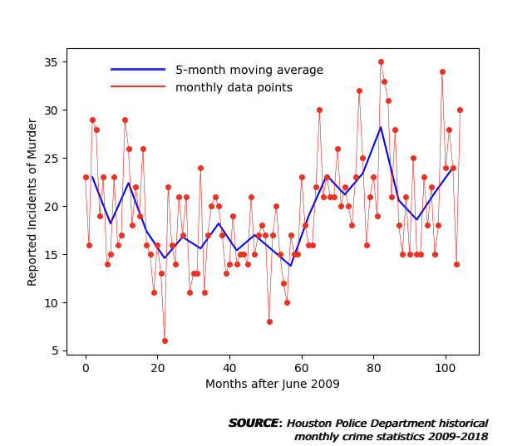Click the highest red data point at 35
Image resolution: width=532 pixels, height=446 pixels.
coord(381,62)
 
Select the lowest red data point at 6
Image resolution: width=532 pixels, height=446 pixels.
coord(165,341)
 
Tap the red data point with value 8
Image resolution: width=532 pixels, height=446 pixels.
coord(269,321)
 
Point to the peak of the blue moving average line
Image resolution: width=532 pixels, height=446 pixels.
coord(381,127)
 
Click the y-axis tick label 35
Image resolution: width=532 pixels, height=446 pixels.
coord(51,62)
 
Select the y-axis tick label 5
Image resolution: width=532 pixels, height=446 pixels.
coord(55,350)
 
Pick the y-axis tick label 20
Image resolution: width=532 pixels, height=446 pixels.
coord(51,207)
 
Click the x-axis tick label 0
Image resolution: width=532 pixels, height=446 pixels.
coord(86,368)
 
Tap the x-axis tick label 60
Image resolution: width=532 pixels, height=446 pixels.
coord(302,368)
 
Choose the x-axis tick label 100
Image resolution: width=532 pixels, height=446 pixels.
coord(446,368)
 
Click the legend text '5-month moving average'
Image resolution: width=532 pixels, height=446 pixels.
coord(249,70)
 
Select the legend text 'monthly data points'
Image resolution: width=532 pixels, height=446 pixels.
coord(234,87)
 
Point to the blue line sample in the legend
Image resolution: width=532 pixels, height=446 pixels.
coord(138,70)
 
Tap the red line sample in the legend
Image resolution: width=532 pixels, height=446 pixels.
coord(138,86)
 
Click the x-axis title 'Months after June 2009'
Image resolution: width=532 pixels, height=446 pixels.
coord(273,384)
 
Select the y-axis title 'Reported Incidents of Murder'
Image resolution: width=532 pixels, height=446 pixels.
coord(32,202)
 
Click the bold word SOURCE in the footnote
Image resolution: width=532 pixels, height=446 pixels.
coord(254,423)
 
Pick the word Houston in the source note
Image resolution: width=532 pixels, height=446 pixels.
coord(309,424)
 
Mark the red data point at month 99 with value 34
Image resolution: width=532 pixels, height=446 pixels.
coord(442,72)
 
